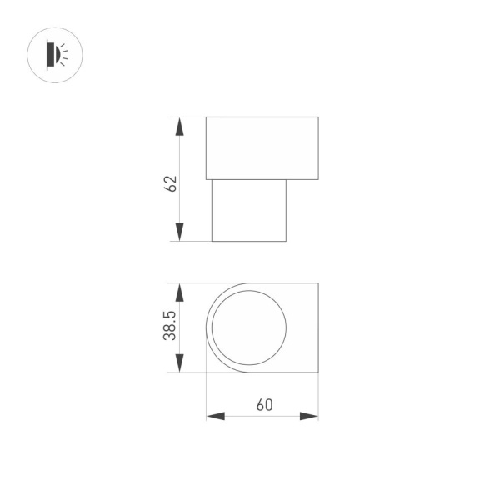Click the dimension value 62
click(x=172, y=183)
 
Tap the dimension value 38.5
click(x=170, y=327)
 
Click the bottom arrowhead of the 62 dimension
click(x=179, y=232)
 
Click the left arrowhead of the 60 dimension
click(x=215, y=416)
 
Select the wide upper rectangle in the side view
click(x=262, y=147)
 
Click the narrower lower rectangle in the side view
click(x=249, y=210)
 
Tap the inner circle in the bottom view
click(x=249, y=327)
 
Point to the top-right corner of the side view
click(x=318, y=117)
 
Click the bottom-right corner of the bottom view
click(x=318, y=372)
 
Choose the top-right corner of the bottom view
click(x=318, y=283)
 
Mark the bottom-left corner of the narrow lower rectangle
click(x=212, y=242)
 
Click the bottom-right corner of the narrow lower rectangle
click(x=287, y=242)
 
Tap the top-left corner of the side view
click(x=206, y=117)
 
